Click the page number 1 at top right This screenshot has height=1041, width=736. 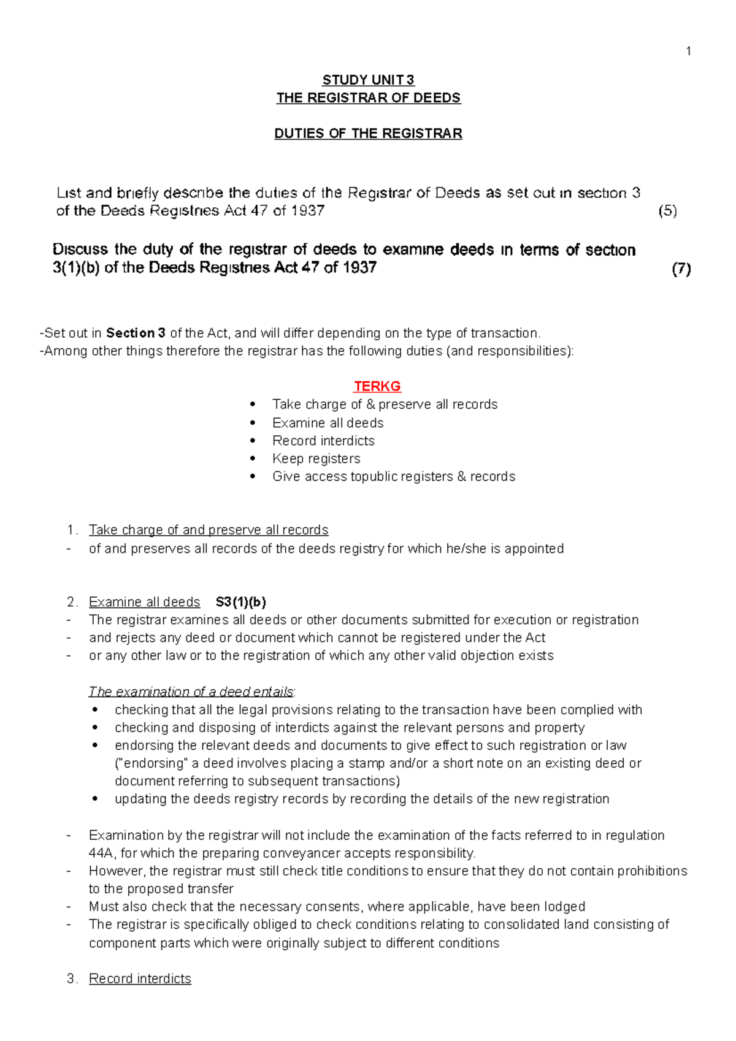(689, 51)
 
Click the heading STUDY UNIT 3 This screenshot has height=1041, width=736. (368, 80)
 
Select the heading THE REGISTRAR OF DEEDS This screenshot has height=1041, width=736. (368, 98)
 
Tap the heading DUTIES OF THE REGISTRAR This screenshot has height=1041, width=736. (368, 134)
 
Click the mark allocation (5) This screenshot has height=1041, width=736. (667, 211)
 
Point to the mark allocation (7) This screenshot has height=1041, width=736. (681, 269)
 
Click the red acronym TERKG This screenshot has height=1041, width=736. (377, 386)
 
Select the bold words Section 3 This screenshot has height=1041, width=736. (136, 334)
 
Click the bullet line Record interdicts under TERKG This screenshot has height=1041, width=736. (323, 441)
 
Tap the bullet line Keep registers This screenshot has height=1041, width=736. (316, 459)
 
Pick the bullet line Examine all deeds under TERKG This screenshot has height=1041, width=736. (328, 423)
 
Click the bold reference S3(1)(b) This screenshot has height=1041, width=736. (241, 602)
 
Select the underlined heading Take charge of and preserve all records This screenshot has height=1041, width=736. (209, 530)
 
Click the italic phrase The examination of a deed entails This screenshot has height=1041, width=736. (191, 692)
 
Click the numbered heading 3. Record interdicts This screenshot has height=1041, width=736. (140, 978)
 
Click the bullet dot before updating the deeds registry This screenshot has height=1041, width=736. (95, 799)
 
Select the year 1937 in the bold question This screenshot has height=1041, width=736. (359, 268)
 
